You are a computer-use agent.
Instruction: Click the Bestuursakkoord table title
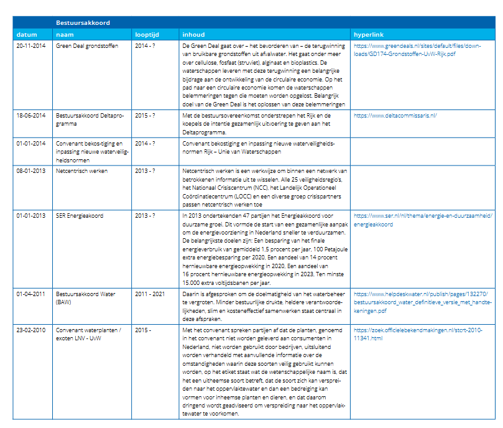click(83, 23)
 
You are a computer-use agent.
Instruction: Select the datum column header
click(27, 34)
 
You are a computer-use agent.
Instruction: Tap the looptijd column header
click(147, 34)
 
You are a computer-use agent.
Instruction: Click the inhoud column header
click(193, 34)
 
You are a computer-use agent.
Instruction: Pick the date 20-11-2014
click(31, 45)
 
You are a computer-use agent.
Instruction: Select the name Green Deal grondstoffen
click(86, 45)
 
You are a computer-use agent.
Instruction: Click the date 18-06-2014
click(31, 115)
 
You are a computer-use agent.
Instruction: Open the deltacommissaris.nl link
click(395, 115)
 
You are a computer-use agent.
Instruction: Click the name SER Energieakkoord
click(80, 216)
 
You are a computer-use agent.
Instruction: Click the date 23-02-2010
click(31, 330)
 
